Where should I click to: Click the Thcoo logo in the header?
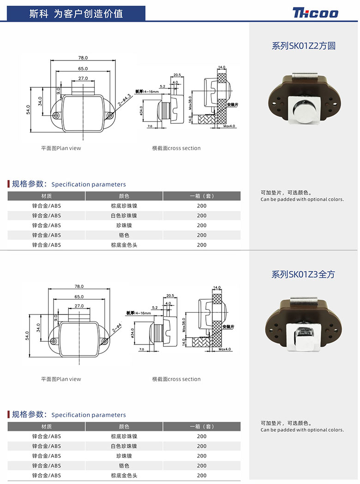coord(315,13)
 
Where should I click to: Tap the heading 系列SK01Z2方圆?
coord(303,46)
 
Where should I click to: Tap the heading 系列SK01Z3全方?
coord(303,274)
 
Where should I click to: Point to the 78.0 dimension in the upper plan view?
coord(83,58)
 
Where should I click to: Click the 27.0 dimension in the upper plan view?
coord(83,79)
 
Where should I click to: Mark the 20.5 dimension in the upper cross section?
coord(177,75)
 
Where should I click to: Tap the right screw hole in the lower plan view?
coord(104,342)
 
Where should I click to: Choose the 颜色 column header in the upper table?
coord(124,196)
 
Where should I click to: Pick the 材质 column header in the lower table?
coord(46,426)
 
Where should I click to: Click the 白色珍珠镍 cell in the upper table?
coord(124,216)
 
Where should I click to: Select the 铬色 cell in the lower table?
coord(124,466)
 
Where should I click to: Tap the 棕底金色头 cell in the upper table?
coord(124,245)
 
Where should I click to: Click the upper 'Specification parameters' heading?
coord(89,184)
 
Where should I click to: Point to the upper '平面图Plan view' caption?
coord(61,148)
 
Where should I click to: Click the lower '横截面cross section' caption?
coord(176,379)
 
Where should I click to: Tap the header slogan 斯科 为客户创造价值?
coord(76,13)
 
